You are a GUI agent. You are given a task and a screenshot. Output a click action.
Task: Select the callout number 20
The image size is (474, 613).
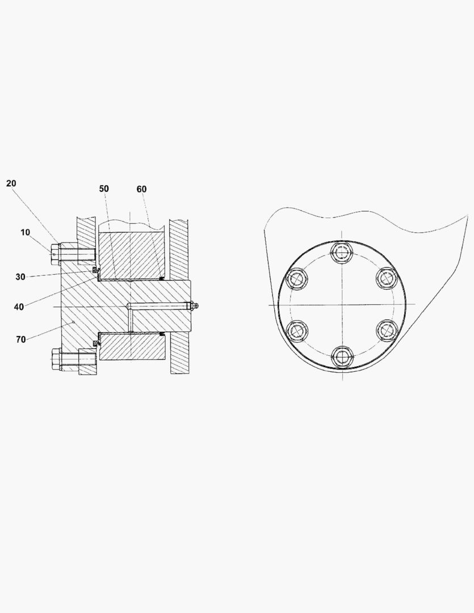coord(11,183)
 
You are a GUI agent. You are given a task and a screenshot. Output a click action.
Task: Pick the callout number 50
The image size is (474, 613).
coord(104,188)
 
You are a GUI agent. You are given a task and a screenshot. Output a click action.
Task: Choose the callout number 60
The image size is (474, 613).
coord(141,188)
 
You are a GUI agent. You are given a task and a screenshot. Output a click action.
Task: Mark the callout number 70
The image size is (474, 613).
coord(21,339)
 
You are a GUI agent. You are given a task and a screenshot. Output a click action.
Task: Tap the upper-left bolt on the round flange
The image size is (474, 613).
coord(297,278)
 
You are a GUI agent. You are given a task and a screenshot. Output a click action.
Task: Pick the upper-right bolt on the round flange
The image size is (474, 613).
coord(386,278)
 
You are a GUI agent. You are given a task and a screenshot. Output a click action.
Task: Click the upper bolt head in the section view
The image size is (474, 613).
coord(54,254)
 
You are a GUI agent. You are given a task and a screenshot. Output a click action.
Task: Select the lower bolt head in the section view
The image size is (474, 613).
coord(55,359)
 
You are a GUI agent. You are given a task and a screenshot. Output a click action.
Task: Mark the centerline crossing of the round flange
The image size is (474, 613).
coord(341,304)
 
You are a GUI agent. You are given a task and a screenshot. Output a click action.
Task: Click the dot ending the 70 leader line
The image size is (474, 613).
coord(74,322)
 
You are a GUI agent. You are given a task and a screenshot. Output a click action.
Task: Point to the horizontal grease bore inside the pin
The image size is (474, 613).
coord(159,306)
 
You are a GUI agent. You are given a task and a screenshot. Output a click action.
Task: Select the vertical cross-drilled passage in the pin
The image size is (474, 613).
coord(131,320)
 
